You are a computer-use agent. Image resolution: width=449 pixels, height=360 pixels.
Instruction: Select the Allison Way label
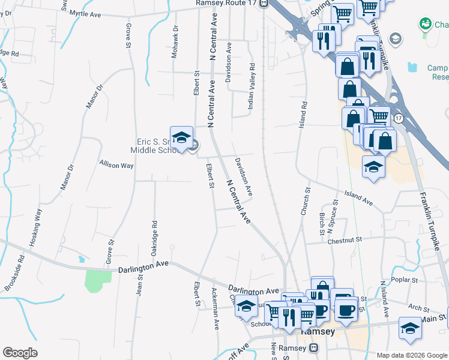(x=116, y=165)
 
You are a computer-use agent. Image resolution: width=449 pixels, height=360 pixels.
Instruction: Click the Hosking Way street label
(x=37, y=228)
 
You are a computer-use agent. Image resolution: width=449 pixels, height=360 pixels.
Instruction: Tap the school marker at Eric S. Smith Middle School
(x=181, y=138)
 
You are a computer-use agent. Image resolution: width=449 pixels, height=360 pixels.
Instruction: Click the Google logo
(x=20, y=353)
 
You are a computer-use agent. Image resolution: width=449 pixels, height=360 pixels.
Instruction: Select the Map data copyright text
(x=411, y=355)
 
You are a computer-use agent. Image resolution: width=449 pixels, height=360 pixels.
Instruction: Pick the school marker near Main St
(x=410, y=329)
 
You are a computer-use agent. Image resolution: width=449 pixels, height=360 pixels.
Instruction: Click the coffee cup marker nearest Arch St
(x=345, y=310)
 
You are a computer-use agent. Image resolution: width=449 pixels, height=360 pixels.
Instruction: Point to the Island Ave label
(x=358, y=199)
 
